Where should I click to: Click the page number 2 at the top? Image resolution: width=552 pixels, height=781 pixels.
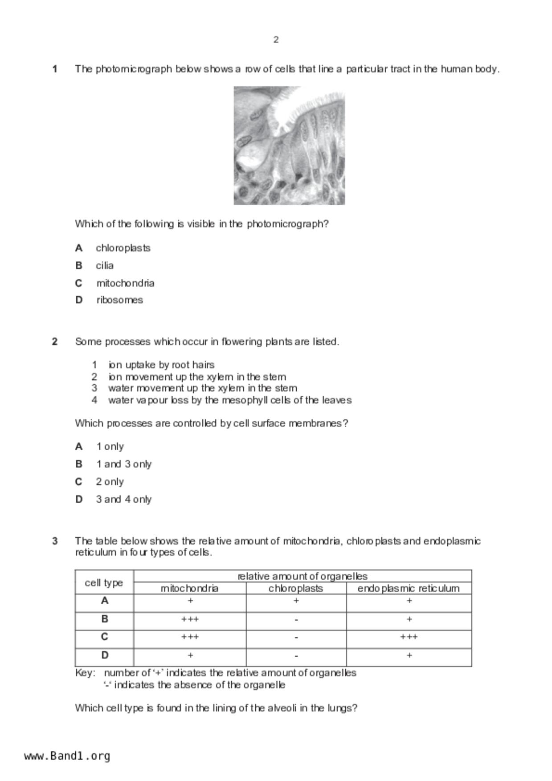(276, 40)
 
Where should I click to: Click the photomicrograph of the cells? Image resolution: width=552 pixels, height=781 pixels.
(289, 146)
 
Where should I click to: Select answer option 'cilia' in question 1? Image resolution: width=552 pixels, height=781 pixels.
(105, 265)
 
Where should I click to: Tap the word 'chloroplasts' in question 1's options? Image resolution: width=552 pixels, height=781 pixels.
(123, 248)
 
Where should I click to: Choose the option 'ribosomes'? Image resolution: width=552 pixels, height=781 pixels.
(119, 300)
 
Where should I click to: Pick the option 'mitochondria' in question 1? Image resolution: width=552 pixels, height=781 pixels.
(125, 283)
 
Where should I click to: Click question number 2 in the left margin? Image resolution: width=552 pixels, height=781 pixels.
(55, 342)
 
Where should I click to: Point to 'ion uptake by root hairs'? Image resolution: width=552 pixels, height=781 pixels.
(161, 365)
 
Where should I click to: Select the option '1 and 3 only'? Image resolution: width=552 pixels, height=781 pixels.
(124, 464)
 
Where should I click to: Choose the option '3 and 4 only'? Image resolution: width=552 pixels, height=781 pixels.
(124, 499)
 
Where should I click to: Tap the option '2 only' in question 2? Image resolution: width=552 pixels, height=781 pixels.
(110, 482)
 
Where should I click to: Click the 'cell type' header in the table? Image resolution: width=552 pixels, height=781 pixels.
(104, 583)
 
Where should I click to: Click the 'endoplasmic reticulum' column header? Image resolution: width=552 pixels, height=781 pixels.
(408, 588)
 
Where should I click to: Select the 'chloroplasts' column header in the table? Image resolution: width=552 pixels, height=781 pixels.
(296, 588)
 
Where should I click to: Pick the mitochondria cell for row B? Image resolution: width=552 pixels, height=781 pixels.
(190, 619)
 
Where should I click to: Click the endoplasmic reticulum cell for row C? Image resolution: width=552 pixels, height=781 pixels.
(409, 637)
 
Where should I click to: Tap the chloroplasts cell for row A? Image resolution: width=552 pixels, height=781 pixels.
(296, 601)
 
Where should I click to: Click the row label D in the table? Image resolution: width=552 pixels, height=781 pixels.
(105, 655)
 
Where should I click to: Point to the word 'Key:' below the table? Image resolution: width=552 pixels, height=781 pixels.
(85, 673)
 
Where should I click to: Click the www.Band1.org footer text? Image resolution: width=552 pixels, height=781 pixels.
(67, 756)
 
